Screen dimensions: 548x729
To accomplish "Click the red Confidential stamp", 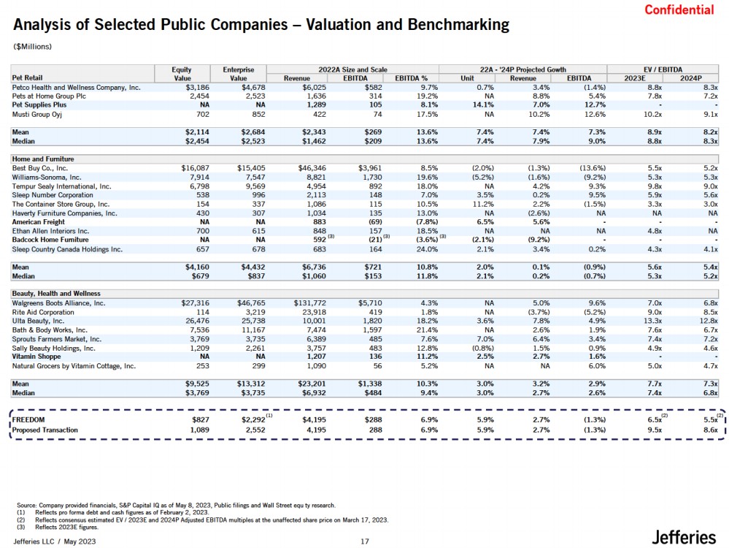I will pos(679,9).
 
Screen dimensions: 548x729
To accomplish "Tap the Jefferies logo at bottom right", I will pos(683,537).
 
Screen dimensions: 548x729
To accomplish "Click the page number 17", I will pos(366,541).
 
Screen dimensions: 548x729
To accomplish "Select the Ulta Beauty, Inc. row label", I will pos(39,320).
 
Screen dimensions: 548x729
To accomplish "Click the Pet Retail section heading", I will pos(27,77).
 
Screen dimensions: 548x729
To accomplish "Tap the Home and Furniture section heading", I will pos(43,159).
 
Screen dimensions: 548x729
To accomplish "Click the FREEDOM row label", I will pos(28,420).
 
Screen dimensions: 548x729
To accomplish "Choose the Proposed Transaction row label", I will pos(45,430).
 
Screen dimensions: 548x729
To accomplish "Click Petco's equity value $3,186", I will pos(188,86).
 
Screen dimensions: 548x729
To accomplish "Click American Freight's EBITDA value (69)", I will pos(374,221).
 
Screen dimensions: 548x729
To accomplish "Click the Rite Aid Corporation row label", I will pos(43,311).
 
